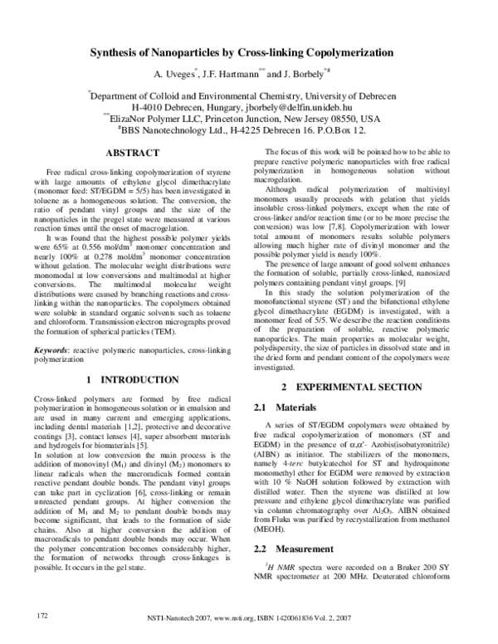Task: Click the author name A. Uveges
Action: click(x=173, y=75)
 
